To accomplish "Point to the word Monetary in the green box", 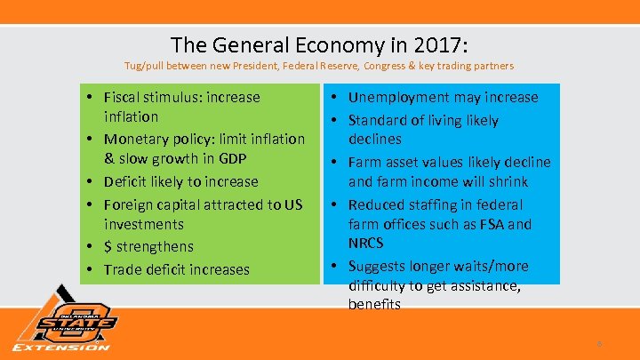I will point(135,139).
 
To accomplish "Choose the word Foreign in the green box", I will point(128,204).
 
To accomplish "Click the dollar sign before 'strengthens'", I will point(108,246).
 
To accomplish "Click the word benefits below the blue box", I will point(375,304).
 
